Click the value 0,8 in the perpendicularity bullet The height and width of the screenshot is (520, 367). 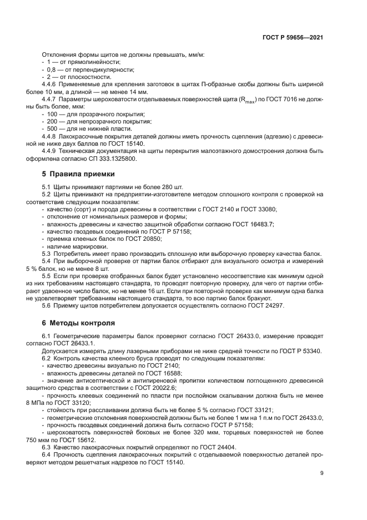[x=52, y=70]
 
